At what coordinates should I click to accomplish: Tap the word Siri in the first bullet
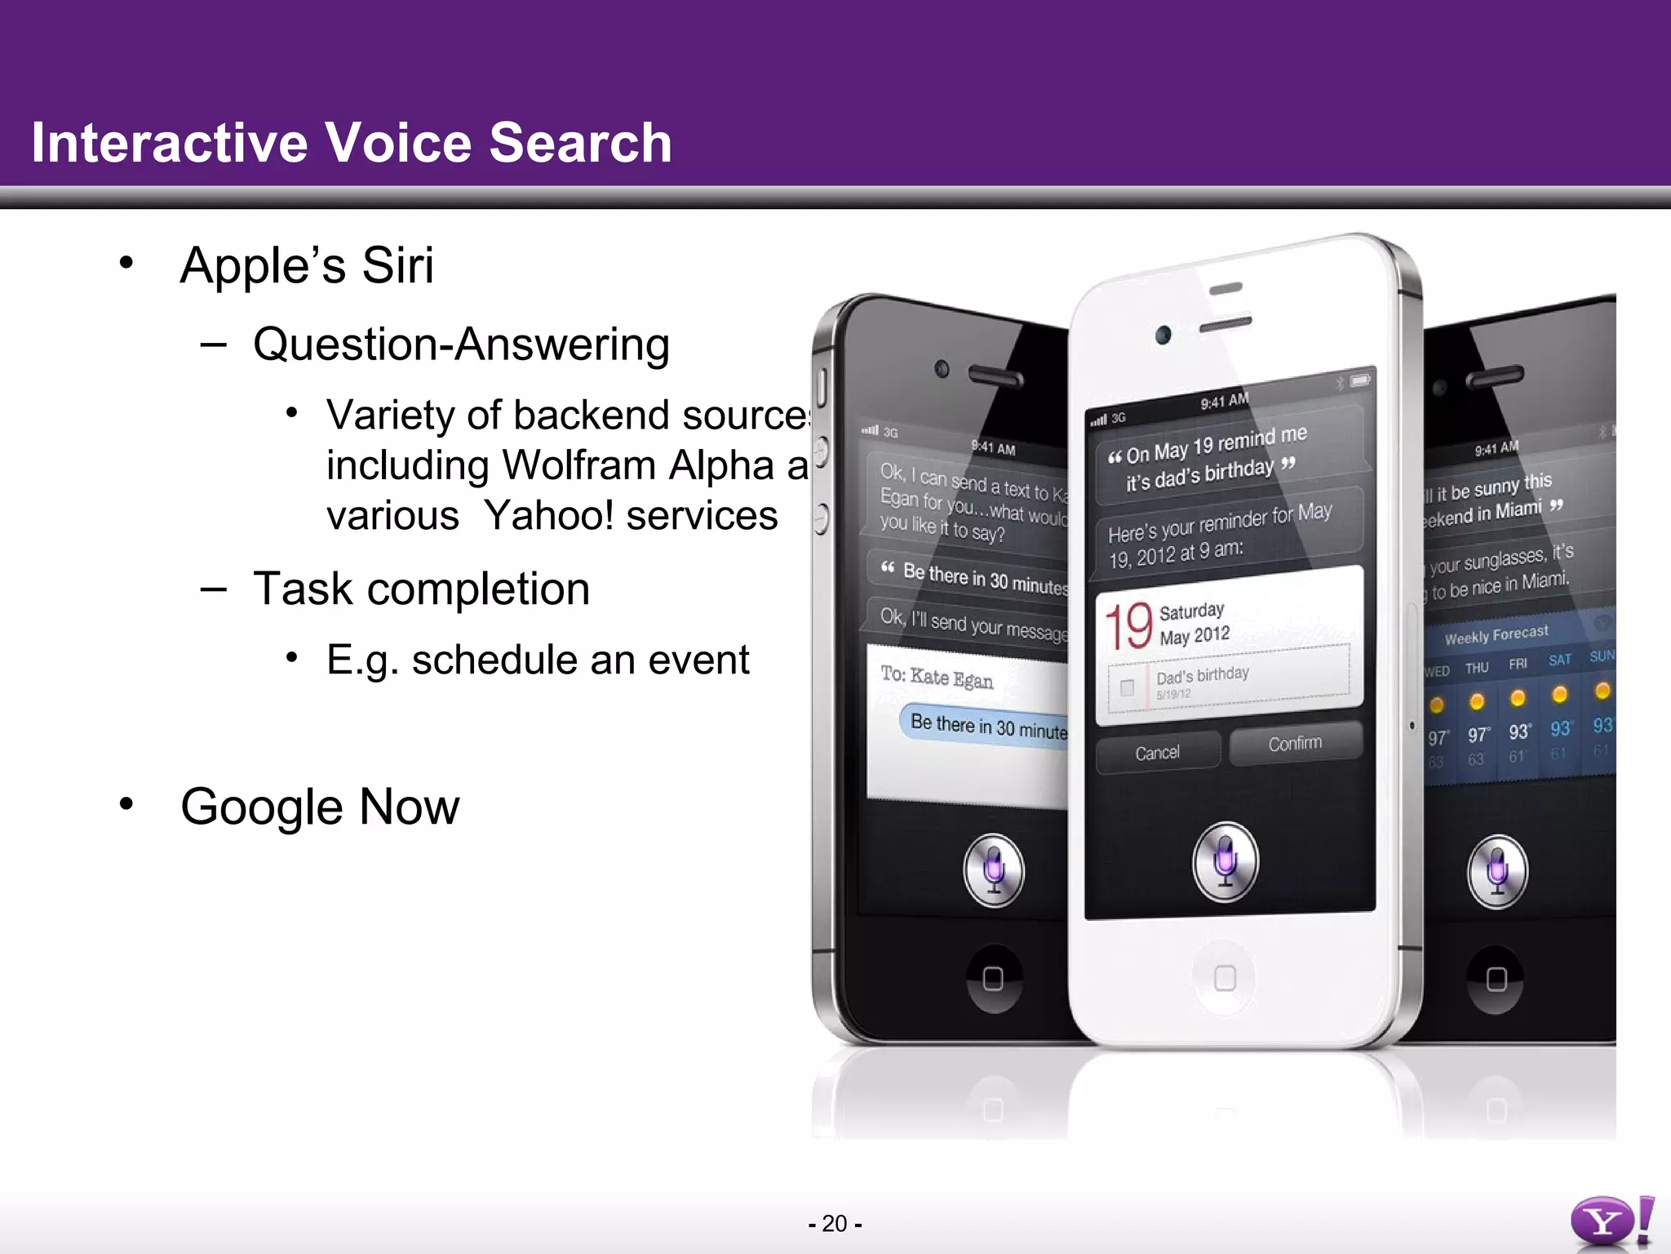click(x=397, y=266)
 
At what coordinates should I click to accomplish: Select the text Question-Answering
click(x=461, y=345)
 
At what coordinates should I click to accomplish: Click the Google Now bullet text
click(x=320, y=807)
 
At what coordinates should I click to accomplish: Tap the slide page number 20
click(x=834, y=1224)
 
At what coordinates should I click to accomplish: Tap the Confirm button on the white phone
click(x=1295, y=744)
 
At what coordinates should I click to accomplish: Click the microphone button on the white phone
click(x=1225, y=861)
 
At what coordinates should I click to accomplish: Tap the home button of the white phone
click(x=1225, y=977)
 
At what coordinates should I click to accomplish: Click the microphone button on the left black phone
click(x=994, y=869)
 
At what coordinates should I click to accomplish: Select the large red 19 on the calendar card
click(x=1128, y=626)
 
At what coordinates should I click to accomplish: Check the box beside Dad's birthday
click(x=1127, y=687)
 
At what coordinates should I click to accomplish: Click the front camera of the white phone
click(x=1163, y=335)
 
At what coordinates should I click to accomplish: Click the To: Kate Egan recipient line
click(x=937, y=678)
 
